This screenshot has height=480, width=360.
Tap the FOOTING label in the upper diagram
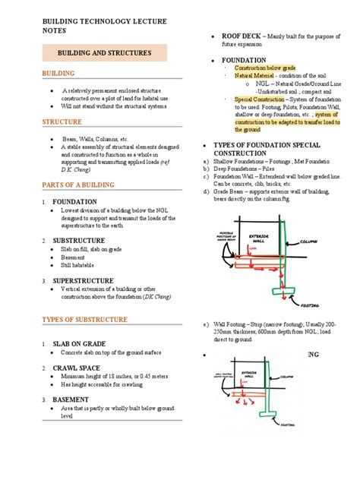pyautogui.click(x=310, y=301)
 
